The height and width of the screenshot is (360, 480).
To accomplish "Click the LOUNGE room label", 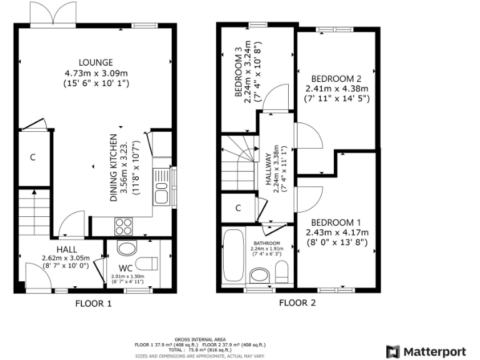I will pos(96,62).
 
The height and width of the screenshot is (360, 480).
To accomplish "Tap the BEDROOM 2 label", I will pos(336,79).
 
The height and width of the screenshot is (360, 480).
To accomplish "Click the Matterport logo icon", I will pos(392,351).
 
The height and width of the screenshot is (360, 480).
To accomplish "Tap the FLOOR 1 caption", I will pos(93,304).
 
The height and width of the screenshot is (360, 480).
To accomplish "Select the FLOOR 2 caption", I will pos(297,303).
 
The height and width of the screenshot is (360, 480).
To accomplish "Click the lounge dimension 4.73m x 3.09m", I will pos(96,72).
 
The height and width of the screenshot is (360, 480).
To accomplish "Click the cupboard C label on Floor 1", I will pos(32,157).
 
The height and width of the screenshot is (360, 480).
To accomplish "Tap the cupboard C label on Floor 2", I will pos(238,208).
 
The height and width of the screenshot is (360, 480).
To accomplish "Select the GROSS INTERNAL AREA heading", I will pos(200,338).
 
